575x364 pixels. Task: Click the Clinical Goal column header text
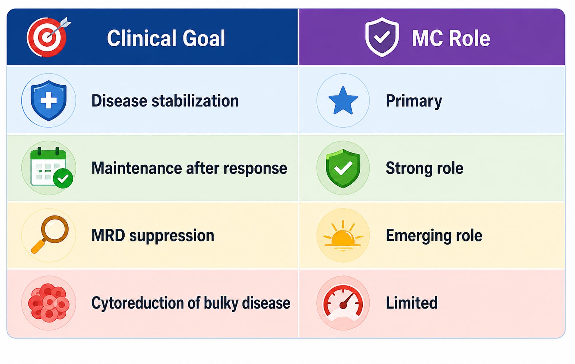pos(166,38)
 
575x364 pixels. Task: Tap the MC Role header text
pos(451,38)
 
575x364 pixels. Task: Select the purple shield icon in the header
pos(382,37)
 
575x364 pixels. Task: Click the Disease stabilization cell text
pos(165,101)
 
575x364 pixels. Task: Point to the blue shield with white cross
pos(49,100)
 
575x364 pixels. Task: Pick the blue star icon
pos(343,101)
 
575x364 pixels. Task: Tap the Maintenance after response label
pos(189,168)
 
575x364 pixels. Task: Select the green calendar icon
pos(51,167)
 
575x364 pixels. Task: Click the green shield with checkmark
pos(343,168)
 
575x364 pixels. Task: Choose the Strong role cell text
pos(425,168)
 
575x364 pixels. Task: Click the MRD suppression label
pos(153,235)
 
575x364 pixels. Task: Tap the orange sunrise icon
pos(343,236)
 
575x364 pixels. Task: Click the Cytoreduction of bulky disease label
pos(191,303)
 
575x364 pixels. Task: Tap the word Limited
pos(412,303)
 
